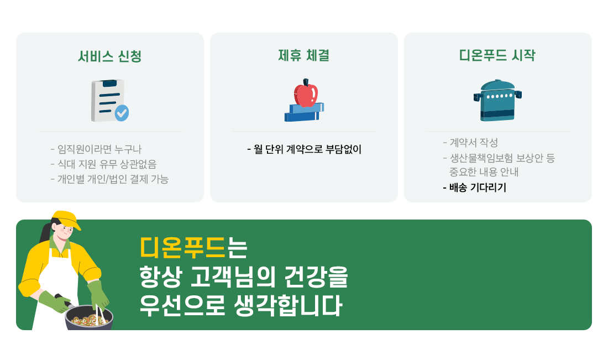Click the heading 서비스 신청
click(110, 56)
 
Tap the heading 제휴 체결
click(303, 55)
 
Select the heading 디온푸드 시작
click(497, 55)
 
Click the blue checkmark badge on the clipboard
click(122, 113)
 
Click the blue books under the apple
click(304, 112)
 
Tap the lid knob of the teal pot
click(497, 81)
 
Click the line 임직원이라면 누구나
click(96, 149)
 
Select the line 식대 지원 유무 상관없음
click(103, 164)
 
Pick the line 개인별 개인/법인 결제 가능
click(109, 179)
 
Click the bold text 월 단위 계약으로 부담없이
click(305, 149)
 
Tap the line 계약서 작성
click(470, 143)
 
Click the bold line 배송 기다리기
click(475, 188)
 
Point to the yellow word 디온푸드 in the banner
click(182, 248)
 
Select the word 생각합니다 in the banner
click(288, 305)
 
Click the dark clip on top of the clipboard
click(110, 83)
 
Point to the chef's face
click(65, 232)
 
